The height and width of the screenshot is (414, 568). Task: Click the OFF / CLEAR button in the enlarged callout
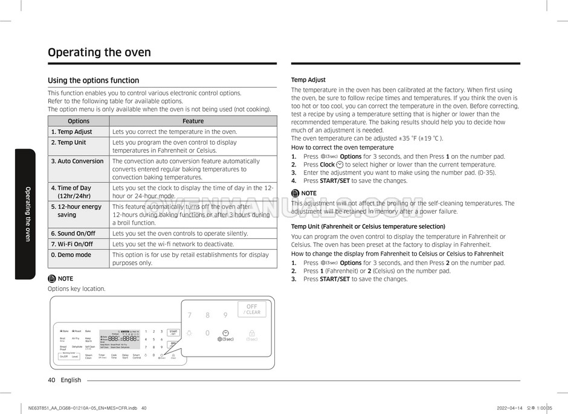[x=251, y=309]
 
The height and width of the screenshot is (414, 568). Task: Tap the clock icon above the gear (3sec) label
[x=225, y=333]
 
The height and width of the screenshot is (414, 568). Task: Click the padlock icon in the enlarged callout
[x=251, y=333]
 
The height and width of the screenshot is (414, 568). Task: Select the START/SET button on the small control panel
[x=173, y=332]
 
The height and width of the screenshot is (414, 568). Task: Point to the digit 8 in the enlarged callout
[x=207, y=315]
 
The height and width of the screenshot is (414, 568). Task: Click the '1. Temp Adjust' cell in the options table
[x=72, y=132]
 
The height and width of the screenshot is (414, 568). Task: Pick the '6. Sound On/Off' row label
[x=73, y=234]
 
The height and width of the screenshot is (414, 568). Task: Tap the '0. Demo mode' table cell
[x=71, y=255]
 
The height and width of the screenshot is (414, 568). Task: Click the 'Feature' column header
[x=193, y=121]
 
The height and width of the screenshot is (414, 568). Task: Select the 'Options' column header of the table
[x=79, y=121]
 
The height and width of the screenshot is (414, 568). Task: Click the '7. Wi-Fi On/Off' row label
[x=72, y=244]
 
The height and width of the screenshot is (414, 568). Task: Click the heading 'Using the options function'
[x=93, y=80]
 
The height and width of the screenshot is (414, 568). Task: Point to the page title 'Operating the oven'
[x=99, y=53]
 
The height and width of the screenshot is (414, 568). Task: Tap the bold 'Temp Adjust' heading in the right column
[x=308, y=80]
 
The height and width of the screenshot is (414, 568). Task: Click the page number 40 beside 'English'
[x=51, y=380]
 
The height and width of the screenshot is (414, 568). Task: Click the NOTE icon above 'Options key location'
[x=52, y=279]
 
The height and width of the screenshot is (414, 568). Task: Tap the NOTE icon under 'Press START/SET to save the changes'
[x=295, y=193]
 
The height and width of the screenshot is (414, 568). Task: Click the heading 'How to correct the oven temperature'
[x=342, y=147]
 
